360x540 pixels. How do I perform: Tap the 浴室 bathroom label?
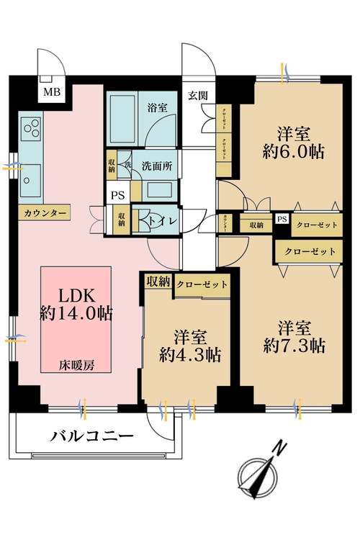[x=157, y=107]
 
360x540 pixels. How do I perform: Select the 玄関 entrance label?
[x=198, y=94]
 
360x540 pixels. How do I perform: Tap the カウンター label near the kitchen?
[x=45, y=213]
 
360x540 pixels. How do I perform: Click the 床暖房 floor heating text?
[x=76, y=364]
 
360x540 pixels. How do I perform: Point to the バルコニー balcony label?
[x=91, y=436]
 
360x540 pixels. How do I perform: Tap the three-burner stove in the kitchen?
[x=31, y=130]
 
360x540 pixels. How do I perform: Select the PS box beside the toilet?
[x=116, y=195]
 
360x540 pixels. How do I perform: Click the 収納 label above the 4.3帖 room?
[x=157, y=281]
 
